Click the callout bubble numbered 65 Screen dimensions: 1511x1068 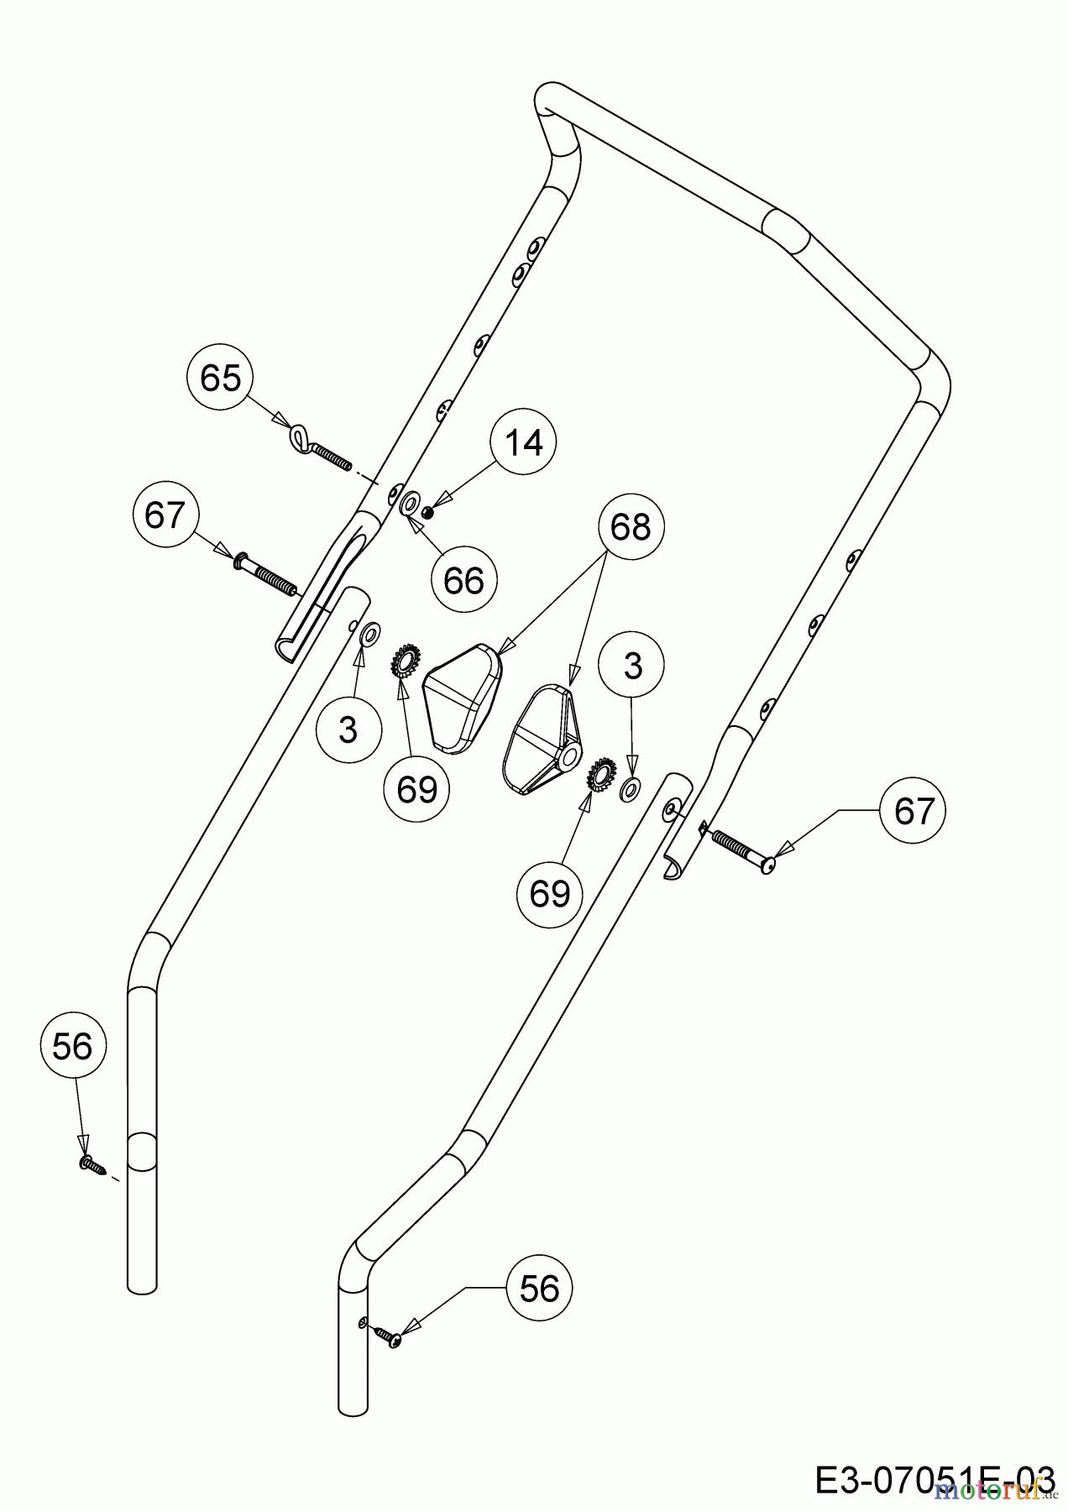point(221,378)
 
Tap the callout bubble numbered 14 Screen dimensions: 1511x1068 point(525,442)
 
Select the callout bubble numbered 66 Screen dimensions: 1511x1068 point(463,579)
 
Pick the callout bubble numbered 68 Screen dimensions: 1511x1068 point(630,527)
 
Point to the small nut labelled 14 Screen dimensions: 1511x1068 point(427,512)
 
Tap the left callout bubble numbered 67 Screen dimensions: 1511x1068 point(165,514)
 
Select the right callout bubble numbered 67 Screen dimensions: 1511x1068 point(914,811)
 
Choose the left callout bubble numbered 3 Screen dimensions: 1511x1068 point(348,729)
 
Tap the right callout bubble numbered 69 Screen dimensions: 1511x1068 point(550,893)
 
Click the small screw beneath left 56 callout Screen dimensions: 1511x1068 point(92,1163)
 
